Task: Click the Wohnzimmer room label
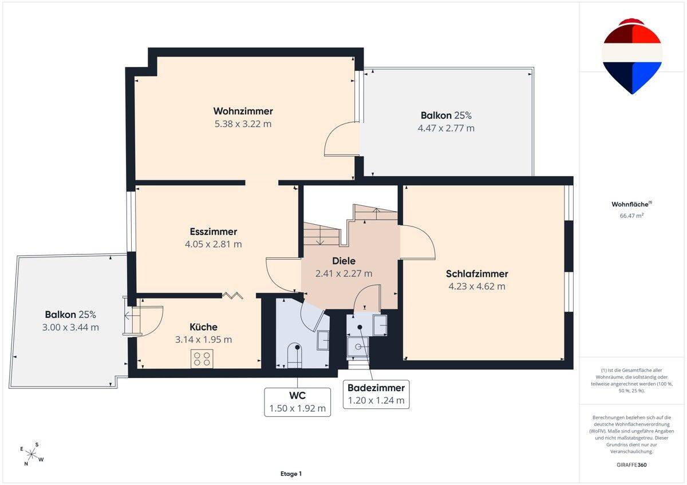(243, 111)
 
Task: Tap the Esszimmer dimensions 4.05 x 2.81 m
(213, 244)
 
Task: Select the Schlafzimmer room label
(477, 273)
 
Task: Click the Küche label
(203, 327)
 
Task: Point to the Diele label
(344, 261)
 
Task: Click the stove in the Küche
(202, 359)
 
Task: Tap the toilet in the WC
(294, 355)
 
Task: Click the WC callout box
(297, 402)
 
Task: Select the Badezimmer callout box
(376, 394)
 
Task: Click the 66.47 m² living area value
(631, 216)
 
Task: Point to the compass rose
(31, 454)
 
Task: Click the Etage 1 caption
(291, 474)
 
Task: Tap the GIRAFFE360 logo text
(631, 465)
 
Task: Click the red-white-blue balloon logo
(632, 57)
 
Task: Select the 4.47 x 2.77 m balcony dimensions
(446, 128)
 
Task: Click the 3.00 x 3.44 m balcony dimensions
(70, 327)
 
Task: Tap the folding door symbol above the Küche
(233, 295)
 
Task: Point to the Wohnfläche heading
(631, 204)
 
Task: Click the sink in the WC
(323, 340)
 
